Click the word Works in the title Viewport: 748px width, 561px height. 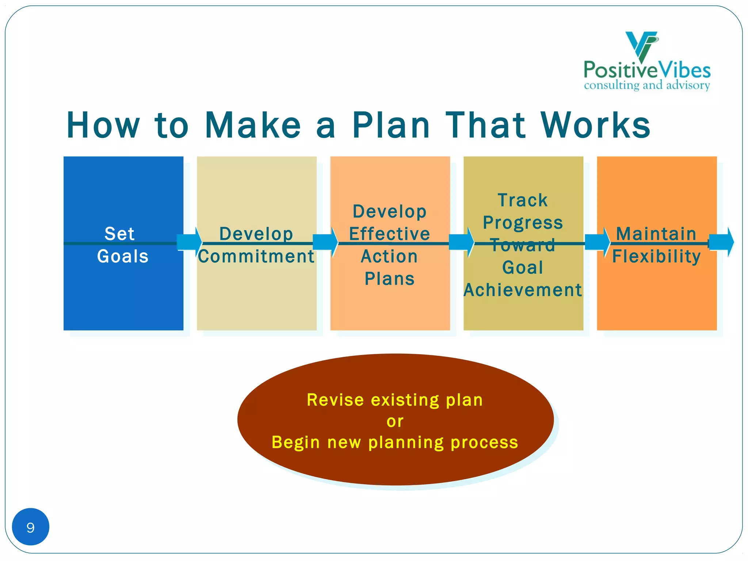pyautogui.click(x=596, y=125)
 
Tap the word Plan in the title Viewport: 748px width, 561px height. pyautogui.click(x=391, y=125)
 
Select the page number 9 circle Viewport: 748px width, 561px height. pyautogui.click(x=31, y=527)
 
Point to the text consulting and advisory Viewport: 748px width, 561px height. pyautogui.click(x=647, y=85)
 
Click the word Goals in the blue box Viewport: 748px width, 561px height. pyautogui.click(x=123, y=256)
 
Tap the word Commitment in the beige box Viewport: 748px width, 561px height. pyautogui.click(x=256, y=256)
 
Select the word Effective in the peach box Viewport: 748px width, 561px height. pyautogui.click(x=390, y=234)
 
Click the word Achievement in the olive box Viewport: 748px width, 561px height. pyautogui.click(x=523, y=290)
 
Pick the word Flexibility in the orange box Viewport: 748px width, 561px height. pyautogui.click(x=656, y=256)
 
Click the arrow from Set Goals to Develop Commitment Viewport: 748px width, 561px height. pyautogui.click(x=190, y=242)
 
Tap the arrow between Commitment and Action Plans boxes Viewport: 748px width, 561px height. pyautogui.click(x=325, y=242)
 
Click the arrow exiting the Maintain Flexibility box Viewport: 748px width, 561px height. pyautogui.click(x=721, y=242)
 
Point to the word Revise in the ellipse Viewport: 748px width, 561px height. pyautogui.click(x=335, y=400)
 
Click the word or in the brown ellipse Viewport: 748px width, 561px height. pyautogui.click(x=395, y=421)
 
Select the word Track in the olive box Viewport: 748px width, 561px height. pyautogui.click(x=523, y=200)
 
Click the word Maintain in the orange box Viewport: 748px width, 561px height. pyautogui.click(x=656, y=234)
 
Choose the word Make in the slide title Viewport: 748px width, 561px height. pyautogui.click(x=253, y=125)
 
